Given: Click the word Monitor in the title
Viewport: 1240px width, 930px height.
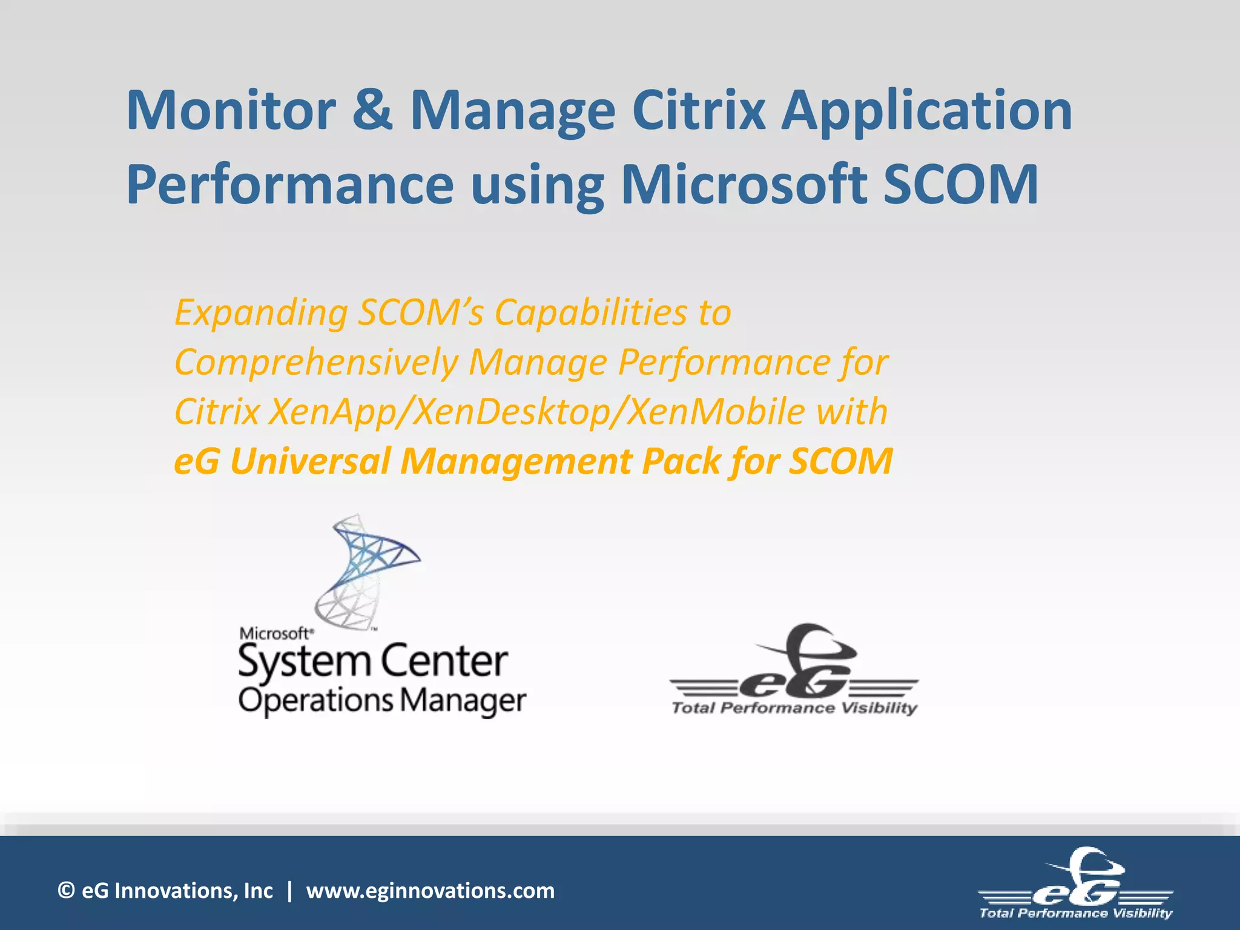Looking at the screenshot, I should (x=231, y=111).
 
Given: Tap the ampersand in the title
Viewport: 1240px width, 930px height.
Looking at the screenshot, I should (x=372, y=111).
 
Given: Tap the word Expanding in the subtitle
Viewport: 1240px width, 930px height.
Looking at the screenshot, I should (x=260, y=314).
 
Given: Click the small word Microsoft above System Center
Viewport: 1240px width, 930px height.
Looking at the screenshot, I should (x=276, y=633).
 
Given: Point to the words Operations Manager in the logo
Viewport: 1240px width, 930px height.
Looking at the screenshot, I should (x=382, y=701).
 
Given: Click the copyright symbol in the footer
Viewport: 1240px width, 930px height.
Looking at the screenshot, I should (x=66, y=891).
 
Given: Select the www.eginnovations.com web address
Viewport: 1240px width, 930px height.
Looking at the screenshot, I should (x=430, y=891).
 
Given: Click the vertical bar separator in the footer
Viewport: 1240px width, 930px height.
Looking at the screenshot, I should (x=289, y=891).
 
